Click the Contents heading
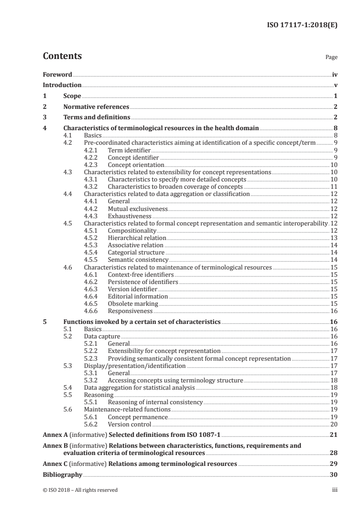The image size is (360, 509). pyautogui.click(x=62, y=56)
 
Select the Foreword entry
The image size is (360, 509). pyautogui.click(x=57, y=74)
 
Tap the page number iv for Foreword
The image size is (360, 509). pyautogui.click(x=334, y=74)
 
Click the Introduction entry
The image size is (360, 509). pyautogui.click(x=62, y=85)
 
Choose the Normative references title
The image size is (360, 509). pyautogui.click(x=96, y=107)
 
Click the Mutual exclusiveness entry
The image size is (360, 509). pyautogui.click(x=138, y=209)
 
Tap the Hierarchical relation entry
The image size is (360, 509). pyautogui.click(x=137, y=238)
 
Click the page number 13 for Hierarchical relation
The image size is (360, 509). pyautogui.click(x=333, y=238)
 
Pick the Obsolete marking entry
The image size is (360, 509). pyautogui.click(x=133, y=303)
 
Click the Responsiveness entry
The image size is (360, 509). pyautogui.click(x=130, y=311)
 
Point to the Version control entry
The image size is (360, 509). pyautogui.click(x=129, y=424)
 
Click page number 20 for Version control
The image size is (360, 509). pyautogui.click(x=333, y=424)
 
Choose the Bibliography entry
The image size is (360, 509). pyautogui.click(x=62, y=475)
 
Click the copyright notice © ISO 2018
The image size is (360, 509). pyautogui.click(x=80, y=490)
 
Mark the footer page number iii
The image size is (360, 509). pyautogui.click(x=335, y=490)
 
